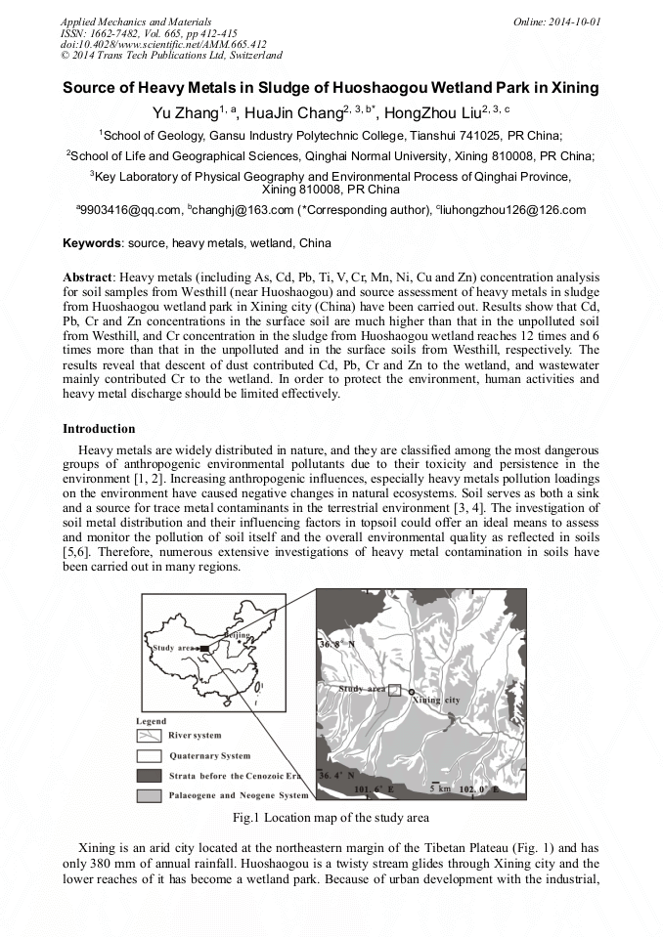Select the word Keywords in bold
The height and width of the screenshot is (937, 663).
click(x=92, y=243)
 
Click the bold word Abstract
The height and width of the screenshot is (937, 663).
click(x=88, y=277)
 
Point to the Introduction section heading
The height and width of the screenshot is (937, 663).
click(x=99, y=428)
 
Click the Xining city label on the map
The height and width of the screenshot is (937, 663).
click(x=437, y=701)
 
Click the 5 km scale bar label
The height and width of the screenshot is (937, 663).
click(x=440, y=787)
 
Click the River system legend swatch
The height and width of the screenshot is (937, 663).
click(x=149, y=735)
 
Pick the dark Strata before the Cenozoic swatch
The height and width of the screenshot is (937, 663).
click(x=149, y=776)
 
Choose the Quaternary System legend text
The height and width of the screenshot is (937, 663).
click(x=209, y=755)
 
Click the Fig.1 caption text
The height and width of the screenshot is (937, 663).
click(x=331, y=817)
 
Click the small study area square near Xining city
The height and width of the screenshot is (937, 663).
click(x=394, y=689)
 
